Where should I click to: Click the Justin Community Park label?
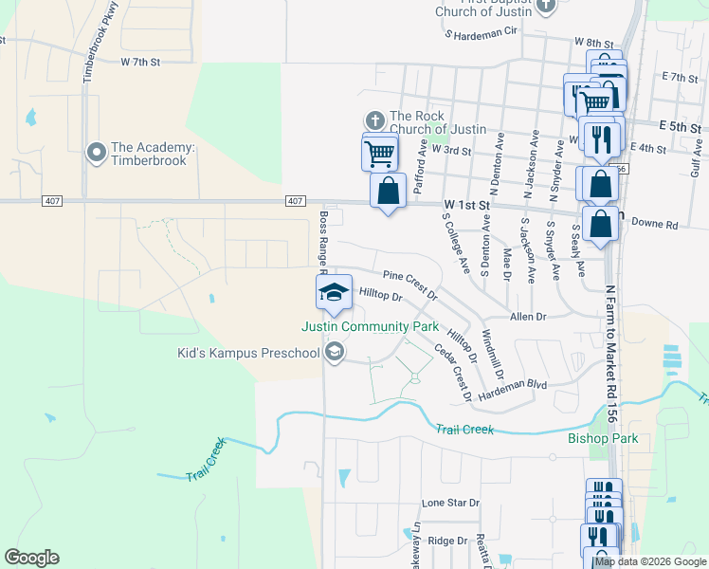[x=371, y=326]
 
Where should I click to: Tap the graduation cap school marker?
[x=333, y=292]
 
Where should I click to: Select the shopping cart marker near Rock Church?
[x=379, y=153]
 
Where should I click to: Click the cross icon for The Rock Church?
[x=374, y=120]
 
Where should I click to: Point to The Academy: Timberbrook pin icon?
[x=96, y=152]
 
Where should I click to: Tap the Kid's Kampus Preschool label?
[x=249, y=354]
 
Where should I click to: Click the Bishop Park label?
[x=603, y=439]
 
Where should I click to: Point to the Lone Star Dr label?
[x=451, y=503]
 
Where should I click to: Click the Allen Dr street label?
[x=529, y=316]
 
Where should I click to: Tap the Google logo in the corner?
[x=31, y=558]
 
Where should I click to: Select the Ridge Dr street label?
[x=448, y=541]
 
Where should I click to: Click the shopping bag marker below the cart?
[x=389, y=192]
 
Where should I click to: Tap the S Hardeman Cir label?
[x=482, y=31]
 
